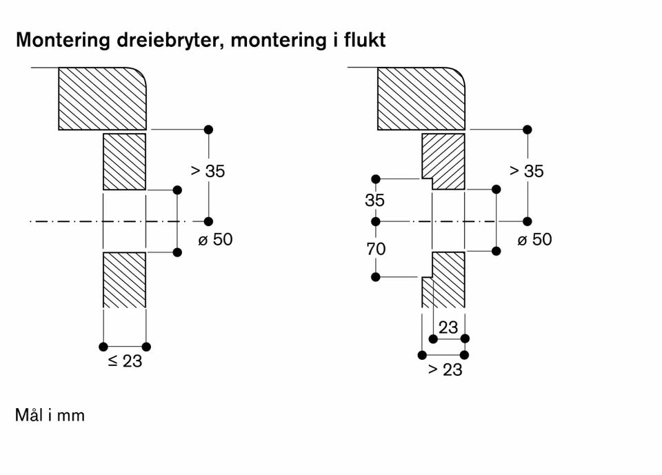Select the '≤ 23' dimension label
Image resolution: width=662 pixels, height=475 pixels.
(125, 361)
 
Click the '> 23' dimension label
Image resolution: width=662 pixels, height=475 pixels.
(445, 370)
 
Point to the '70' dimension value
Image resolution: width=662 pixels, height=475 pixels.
(376, 250)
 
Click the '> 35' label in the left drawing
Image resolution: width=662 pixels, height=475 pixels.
(208, 171)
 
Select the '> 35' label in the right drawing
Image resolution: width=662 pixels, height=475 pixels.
(527, 171)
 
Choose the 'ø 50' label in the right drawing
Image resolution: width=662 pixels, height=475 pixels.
(534, 239)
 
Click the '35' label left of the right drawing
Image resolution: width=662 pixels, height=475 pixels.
(376, 201)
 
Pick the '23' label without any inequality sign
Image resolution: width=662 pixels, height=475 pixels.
(448, 327)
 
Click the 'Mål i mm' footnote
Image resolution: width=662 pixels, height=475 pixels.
(50, 416)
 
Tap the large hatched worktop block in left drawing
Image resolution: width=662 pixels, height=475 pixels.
(102, 98)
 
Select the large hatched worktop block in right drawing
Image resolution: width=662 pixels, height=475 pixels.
(421, 98)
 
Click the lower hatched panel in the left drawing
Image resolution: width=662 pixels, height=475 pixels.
(124, 280)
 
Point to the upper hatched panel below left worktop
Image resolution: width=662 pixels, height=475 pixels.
(124, 162)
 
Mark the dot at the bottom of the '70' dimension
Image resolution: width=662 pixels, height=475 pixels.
(376, 277)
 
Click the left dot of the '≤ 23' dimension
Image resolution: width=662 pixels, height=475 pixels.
(103, 346)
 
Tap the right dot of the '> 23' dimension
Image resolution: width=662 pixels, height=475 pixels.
(464, 354)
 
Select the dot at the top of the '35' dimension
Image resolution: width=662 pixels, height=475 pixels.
(376, 179)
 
